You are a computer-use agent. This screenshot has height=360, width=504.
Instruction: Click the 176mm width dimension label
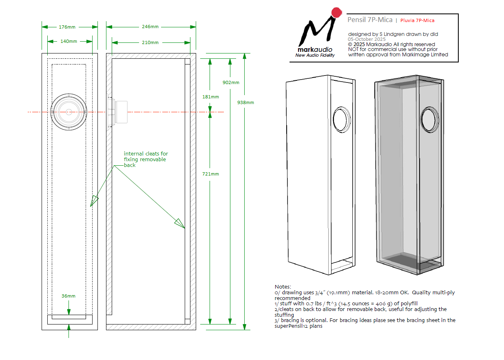67,27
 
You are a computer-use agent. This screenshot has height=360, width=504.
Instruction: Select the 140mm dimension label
69,41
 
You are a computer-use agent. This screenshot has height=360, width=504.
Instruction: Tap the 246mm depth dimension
150,27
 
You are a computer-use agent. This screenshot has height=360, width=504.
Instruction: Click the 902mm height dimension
231,82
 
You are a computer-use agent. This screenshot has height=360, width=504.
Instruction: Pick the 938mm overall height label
245,102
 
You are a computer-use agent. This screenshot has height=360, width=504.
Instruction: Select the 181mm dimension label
210,97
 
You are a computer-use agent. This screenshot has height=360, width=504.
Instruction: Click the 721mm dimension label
210,174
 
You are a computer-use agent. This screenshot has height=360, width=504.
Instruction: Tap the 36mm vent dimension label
69,296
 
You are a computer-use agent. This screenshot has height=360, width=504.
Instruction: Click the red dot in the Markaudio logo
336,13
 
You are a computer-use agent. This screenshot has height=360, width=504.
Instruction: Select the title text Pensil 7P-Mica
370,20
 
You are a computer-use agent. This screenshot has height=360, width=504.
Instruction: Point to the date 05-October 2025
367,39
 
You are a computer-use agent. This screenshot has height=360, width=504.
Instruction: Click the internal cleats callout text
145,159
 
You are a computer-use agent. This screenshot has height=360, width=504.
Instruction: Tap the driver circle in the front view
69,112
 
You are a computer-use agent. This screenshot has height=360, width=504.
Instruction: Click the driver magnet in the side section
121,112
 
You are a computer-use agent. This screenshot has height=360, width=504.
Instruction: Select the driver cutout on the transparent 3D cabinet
430,120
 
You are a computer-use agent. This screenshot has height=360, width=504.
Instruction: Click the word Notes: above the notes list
283,287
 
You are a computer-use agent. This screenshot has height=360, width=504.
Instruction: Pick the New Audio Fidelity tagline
315,55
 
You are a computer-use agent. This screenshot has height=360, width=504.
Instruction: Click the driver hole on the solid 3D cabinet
342,120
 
